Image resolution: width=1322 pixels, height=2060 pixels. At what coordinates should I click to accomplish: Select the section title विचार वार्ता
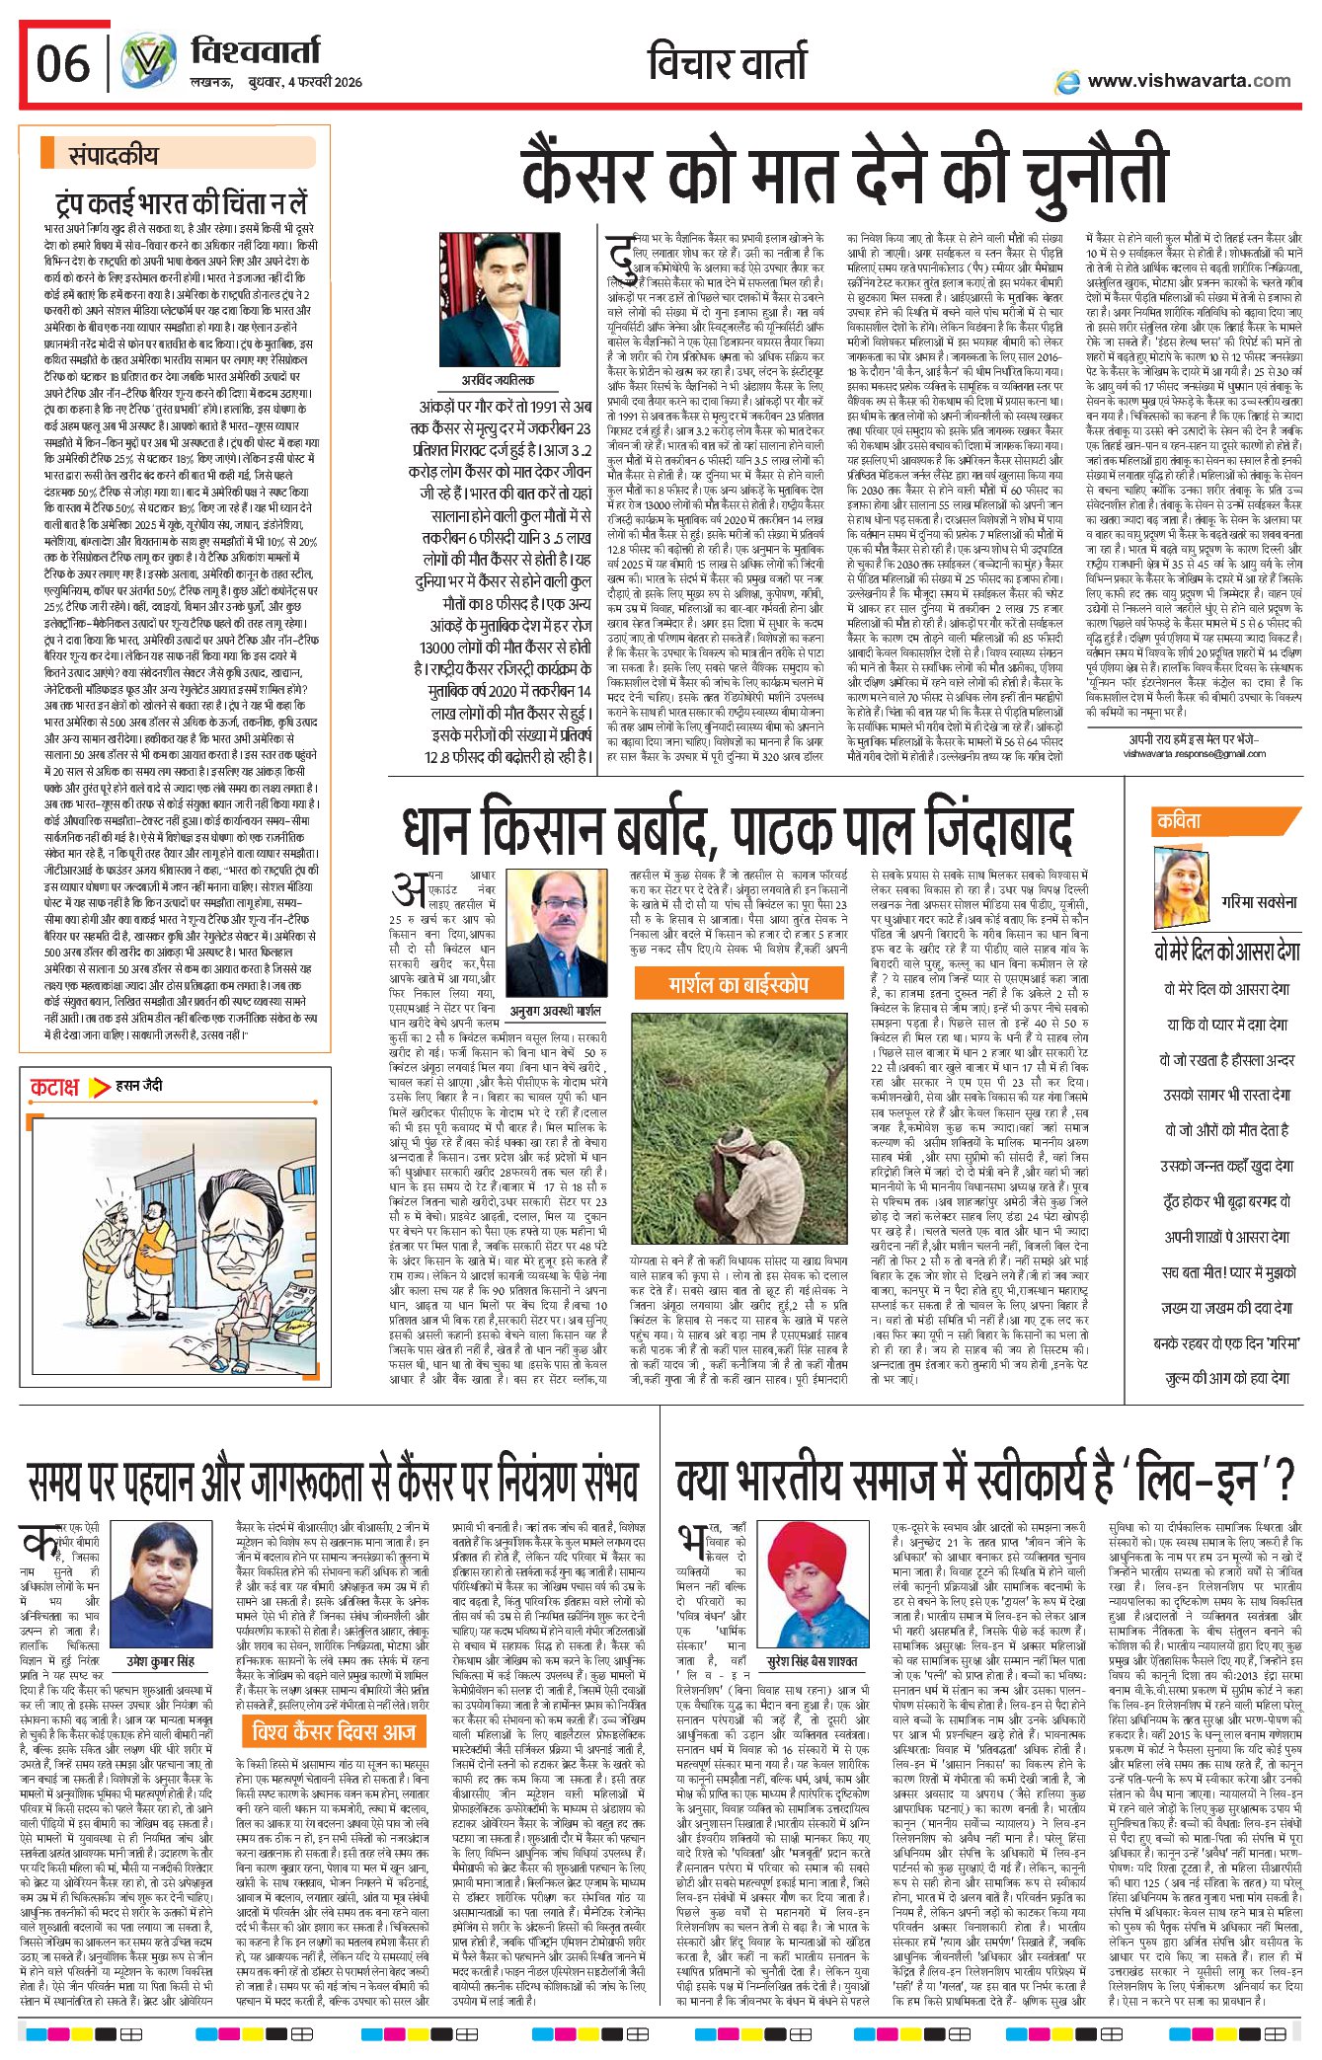[x=728, y=63]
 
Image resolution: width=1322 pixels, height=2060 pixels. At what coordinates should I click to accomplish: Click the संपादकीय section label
[x=113, y=155]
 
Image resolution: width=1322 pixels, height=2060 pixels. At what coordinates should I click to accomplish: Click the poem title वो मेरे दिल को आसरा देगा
[x=1227, y=952]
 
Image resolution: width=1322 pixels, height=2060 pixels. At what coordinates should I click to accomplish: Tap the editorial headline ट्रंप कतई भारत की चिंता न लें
[x=181, y=203]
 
